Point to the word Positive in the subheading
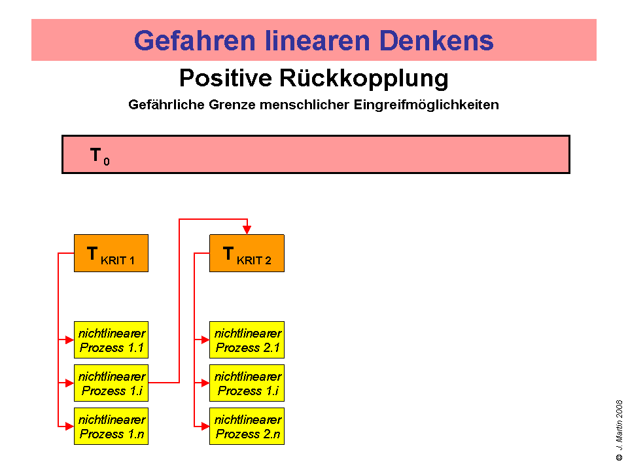tap(225, 78)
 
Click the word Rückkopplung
tap(364, 78)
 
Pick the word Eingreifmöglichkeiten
tap(427, 105)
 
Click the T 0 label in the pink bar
tap(99, 156)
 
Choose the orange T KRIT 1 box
tap(111, 253)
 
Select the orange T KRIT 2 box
tap(247, 253)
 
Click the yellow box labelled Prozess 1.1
tap(111, 340)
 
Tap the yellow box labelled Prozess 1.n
tap(111, 427)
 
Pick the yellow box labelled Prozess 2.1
tap(247, 340)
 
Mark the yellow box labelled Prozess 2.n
tap(247, 427)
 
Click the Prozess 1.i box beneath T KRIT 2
tap(247, 383)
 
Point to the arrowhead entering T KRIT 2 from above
tap(247, 230)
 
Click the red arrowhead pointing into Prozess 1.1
tap(69, 340)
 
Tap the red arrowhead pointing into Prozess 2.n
tap(205, 427)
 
